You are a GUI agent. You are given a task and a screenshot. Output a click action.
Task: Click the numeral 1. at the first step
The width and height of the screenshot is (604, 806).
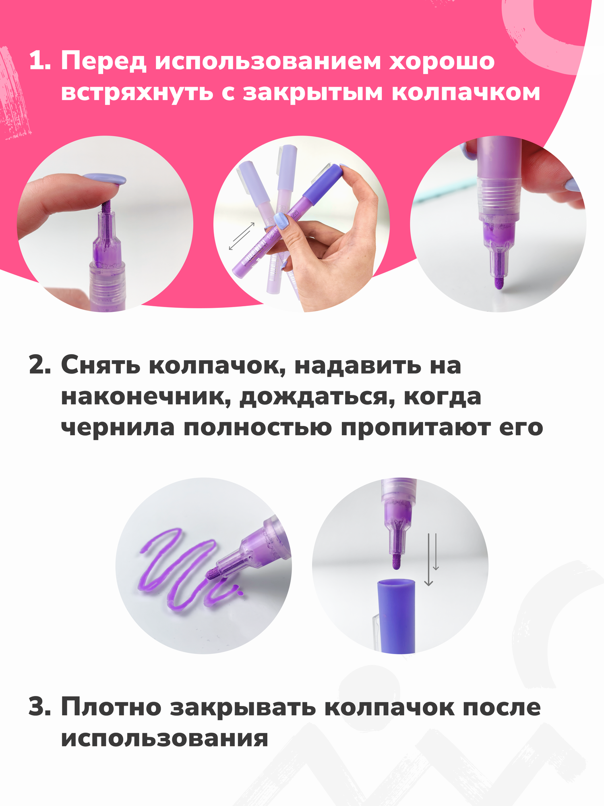pyautogui.click(x=40, y=62)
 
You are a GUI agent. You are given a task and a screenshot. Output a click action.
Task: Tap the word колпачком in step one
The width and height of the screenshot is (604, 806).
pyautogui.click(x=466, y=93)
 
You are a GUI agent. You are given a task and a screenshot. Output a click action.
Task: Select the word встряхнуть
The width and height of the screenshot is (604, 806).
pyautogui.click(x=137, y=93)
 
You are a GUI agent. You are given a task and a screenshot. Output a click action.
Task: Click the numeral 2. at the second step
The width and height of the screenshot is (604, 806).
pyautogui.click(x=40, y=366)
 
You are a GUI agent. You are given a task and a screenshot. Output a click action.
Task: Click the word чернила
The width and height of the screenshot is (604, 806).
pyautogui.click(x=118, y=428)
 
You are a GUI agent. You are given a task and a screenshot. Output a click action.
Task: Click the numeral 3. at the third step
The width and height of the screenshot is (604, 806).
pyautogui.click(x=40, y=706)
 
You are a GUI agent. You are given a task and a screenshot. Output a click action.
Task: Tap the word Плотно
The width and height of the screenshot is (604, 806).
pyautogui.click(x=111, y=706)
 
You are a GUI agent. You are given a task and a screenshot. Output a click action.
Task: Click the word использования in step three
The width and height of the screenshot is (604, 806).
pyautogui.click(x=164, y=738)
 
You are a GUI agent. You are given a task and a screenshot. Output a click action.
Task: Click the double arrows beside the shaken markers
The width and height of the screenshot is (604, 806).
pyautogui.click(x=242, y=236)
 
